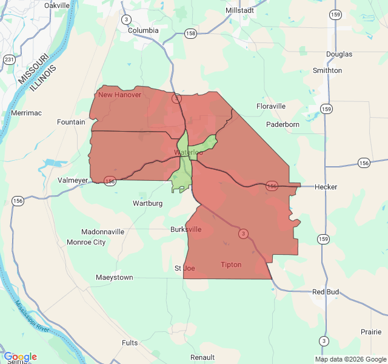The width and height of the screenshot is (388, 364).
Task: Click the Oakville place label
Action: coord(57,5)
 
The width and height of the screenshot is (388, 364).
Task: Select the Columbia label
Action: coord(143,30)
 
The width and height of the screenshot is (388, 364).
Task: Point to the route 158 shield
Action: coord(191,33)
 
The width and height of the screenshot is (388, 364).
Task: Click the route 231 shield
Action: coord(9,60)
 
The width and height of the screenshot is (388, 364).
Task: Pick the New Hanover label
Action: coord(119,95)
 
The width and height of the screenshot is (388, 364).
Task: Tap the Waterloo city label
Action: coord(189,152)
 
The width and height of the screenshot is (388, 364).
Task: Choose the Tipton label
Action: coord(231,265)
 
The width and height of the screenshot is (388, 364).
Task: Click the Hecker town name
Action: coord(326,187)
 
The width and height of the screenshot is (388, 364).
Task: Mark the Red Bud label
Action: coord(326,292)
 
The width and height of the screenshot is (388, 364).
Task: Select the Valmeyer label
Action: coord(73,180)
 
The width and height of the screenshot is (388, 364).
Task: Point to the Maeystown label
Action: coord(114,278)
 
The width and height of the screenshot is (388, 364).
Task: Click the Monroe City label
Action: coord(86,242)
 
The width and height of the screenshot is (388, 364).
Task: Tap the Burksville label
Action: coord(186,229)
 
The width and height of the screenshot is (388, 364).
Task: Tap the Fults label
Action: coord(130,343)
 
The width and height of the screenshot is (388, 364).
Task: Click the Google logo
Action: coord(20,357)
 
